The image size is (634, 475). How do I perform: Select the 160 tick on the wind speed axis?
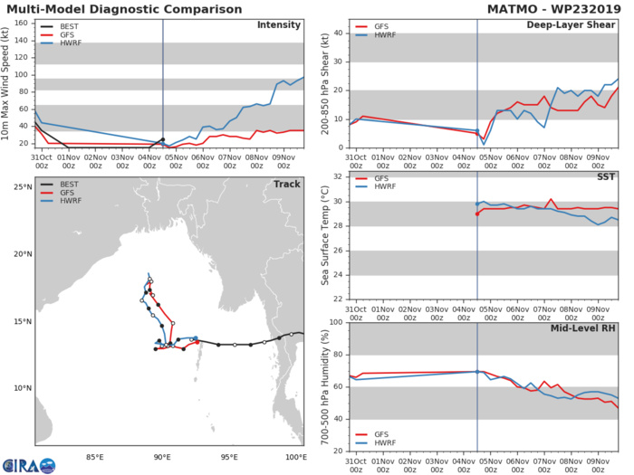pyautogui.click(x=22, y=24)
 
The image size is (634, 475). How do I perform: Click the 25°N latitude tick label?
pyautogui.click(x=23, y=186)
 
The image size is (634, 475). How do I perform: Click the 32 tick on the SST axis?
pyautogui.click(x=339, y=177)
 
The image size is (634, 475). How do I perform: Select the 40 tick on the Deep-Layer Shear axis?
pyautogui.click(x=339, y=33)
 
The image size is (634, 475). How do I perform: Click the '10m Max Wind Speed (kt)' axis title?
pyautogui.click(x=7, y=82)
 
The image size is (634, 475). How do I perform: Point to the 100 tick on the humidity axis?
pyautogui.click(x=336, y=322)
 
